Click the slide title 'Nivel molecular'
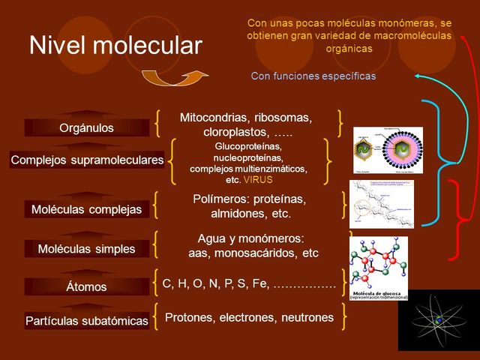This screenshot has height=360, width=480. pos(115,46)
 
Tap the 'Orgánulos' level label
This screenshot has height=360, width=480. pos(86,128)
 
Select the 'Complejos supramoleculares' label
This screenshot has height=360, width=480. pos(87,160)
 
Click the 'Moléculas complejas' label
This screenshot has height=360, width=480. pos(86,209)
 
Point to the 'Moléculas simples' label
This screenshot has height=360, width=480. pos(86,248)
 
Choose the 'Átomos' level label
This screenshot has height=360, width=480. pos(86,286)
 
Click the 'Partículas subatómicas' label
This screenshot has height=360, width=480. pos(86,321)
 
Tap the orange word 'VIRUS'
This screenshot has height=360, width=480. pos(258,180)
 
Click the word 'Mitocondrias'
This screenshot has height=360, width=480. pos(214,118)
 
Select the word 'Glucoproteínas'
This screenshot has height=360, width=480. pos(248,146)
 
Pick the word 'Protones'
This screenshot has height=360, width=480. pos(189,317)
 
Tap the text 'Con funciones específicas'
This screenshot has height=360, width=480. pos(313,76)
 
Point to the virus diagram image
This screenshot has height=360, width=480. pos(388,151)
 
